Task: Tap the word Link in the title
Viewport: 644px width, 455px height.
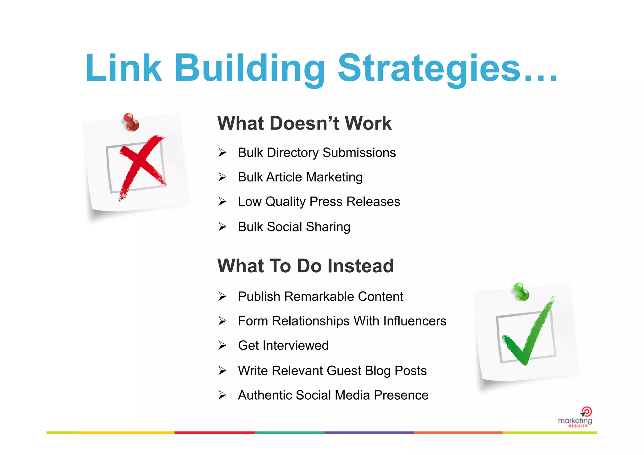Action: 124,68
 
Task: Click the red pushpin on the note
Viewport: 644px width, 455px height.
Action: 131,122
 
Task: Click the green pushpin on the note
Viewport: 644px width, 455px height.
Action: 521,292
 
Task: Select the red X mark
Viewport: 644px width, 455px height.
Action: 142,166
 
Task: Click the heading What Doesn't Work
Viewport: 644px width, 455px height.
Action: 304,123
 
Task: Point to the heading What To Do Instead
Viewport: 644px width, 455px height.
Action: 305,266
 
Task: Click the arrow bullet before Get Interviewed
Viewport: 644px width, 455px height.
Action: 222,346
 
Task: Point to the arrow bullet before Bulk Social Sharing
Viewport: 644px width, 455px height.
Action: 222,227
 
